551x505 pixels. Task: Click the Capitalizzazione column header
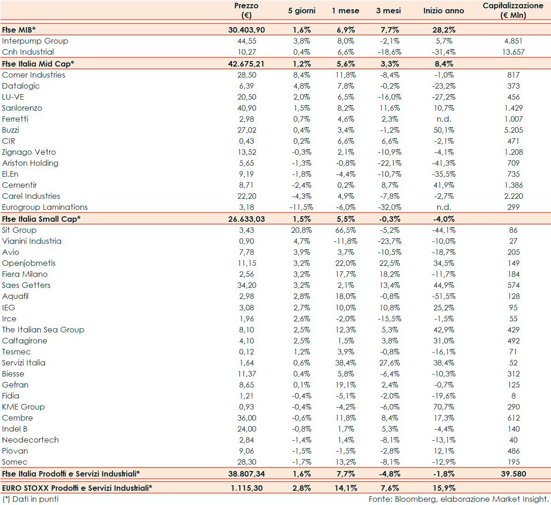coord(513,11)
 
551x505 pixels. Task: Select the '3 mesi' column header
coord(388,11)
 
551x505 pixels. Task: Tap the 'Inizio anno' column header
coord(444,11)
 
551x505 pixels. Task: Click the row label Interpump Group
coord(35,41)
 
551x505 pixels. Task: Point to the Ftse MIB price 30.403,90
coord(247,30)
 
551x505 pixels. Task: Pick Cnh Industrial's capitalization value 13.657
coord(513,52)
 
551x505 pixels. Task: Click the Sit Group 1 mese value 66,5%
coord(345,230)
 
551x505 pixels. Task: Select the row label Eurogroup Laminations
coord(45,207)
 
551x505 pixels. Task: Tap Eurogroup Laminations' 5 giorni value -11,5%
coord(302,207)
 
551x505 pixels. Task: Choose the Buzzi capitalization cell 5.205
coord(513,130)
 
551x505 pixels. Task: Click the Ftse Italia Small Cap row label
coord(41,219)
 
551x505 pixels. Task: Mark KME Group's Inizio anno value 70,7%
coord(444,407)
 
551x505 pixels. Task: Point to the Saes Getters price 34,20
coord(247,285)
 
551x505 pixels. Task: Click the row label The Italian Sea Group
coord(43,330)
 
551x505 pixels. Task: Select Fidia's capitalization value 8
coord(513,396)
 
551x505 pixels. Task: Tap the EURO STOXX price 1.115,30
coord(247,488)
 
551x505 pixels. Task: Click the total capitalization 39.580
coord(513,474)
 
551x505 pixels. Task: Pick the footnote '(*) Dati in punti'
coord(30,499)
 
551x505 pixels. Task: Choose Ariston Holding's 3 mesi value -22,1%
coord(388,163)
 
